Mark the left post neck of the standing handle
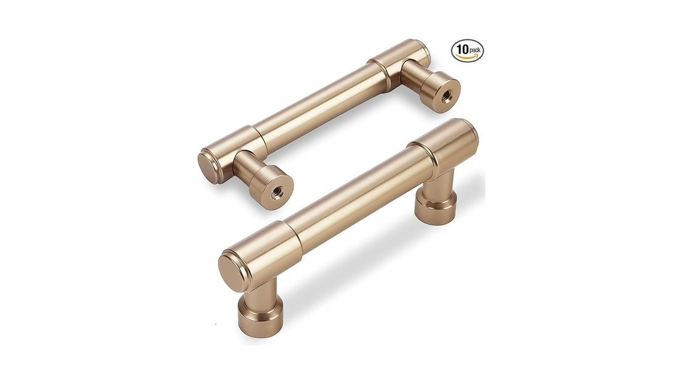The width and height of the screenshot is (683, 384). [260, 293]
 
